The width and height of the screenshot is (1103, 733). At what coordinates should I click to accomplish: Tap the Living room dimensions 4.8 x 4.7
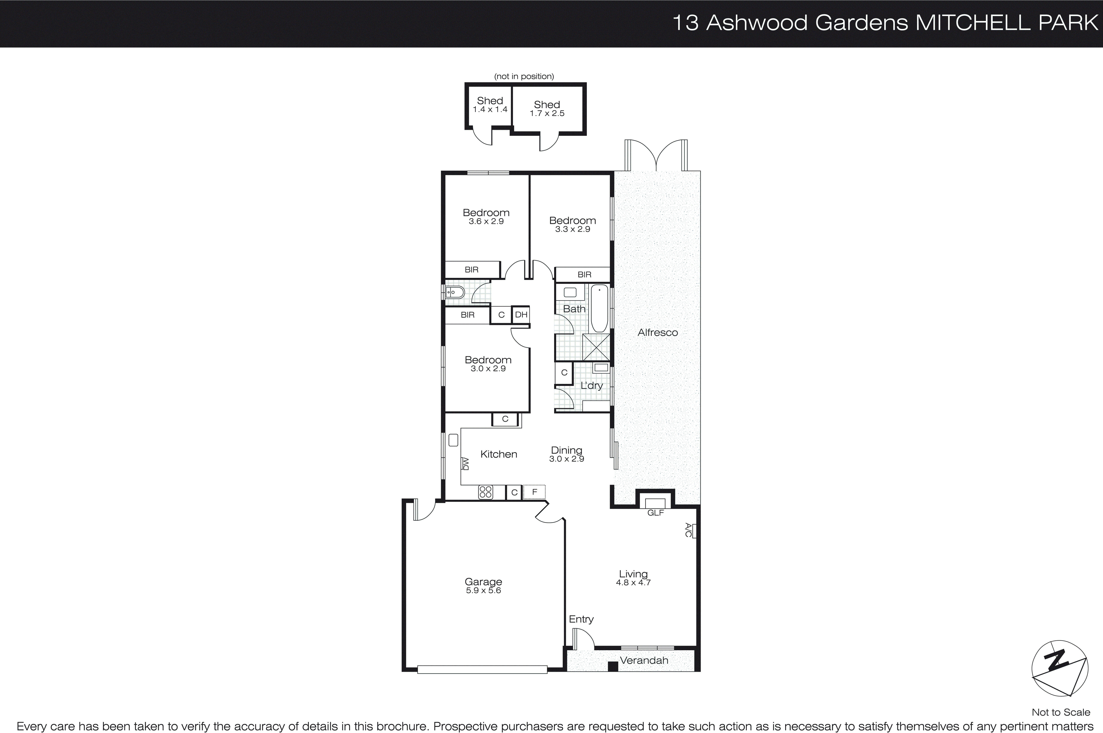point(633,583)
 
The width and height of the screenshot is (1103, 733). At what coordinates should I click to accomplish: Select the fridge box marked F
point(534,492)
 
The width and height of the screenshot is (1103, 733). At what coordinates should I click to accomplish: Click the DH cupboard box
point(521,315)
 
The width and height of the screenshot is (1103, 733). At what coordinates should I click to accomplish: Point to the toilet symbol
point(454,293)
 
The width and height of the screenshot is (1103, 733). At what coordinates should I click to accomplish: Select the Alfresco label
point(657,332)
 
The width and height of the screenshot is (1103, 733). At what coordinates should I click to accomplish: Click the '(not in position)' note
point(524,76)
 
